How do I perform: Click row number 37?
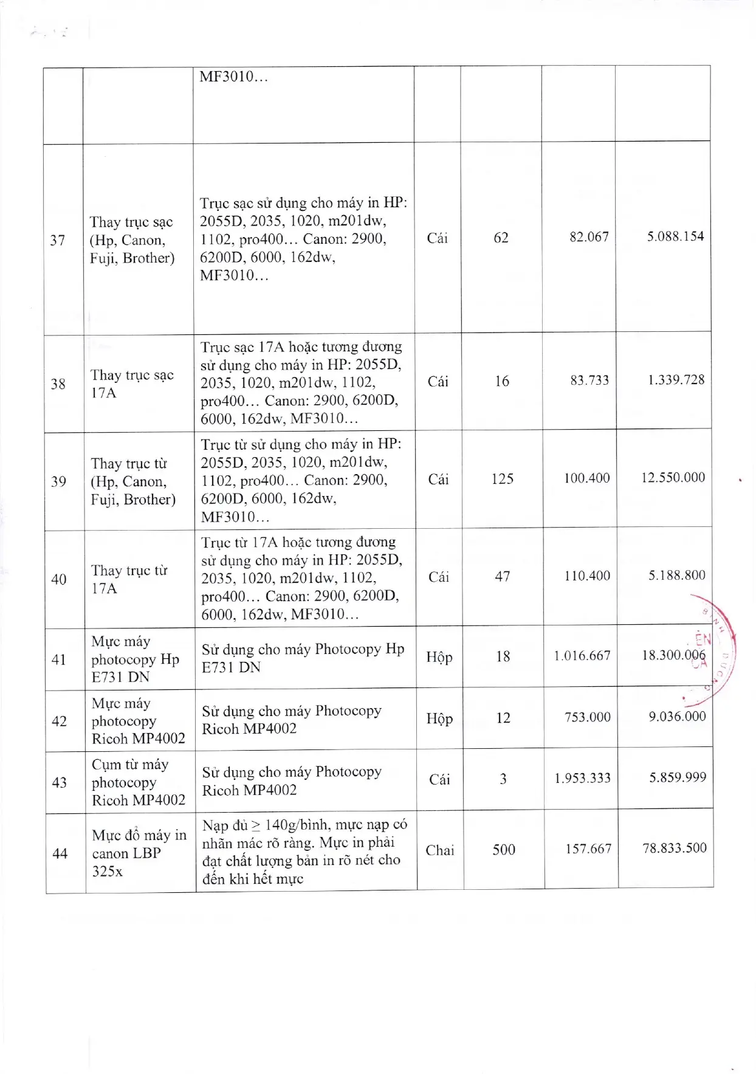58,240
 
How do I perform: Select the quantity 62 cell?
501,238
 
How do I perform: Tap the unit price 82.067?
589,237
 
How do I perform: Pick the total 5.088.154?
675,236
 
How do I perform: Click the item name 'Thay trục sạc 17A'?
132,384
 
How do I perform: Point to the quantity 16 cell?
502,381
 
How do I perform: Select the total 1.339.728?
676,380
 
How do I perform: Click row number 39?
59,481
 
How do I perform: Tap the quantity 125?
502,479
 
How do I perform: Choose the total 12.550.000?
673,478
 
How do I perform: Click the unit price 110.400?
587,576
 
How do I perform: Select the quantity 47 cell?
502,576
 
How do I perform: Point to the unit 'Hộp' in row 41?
439,658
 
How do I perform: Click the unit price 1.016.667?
582,656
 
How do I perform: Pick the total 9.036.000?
677,717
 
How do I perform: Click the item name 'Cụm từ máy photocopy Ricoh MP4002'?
138,782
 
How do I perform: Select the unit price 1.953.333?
582,778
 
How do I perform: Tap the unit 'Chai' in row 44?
439,850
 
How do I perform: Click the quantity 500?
504,850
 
